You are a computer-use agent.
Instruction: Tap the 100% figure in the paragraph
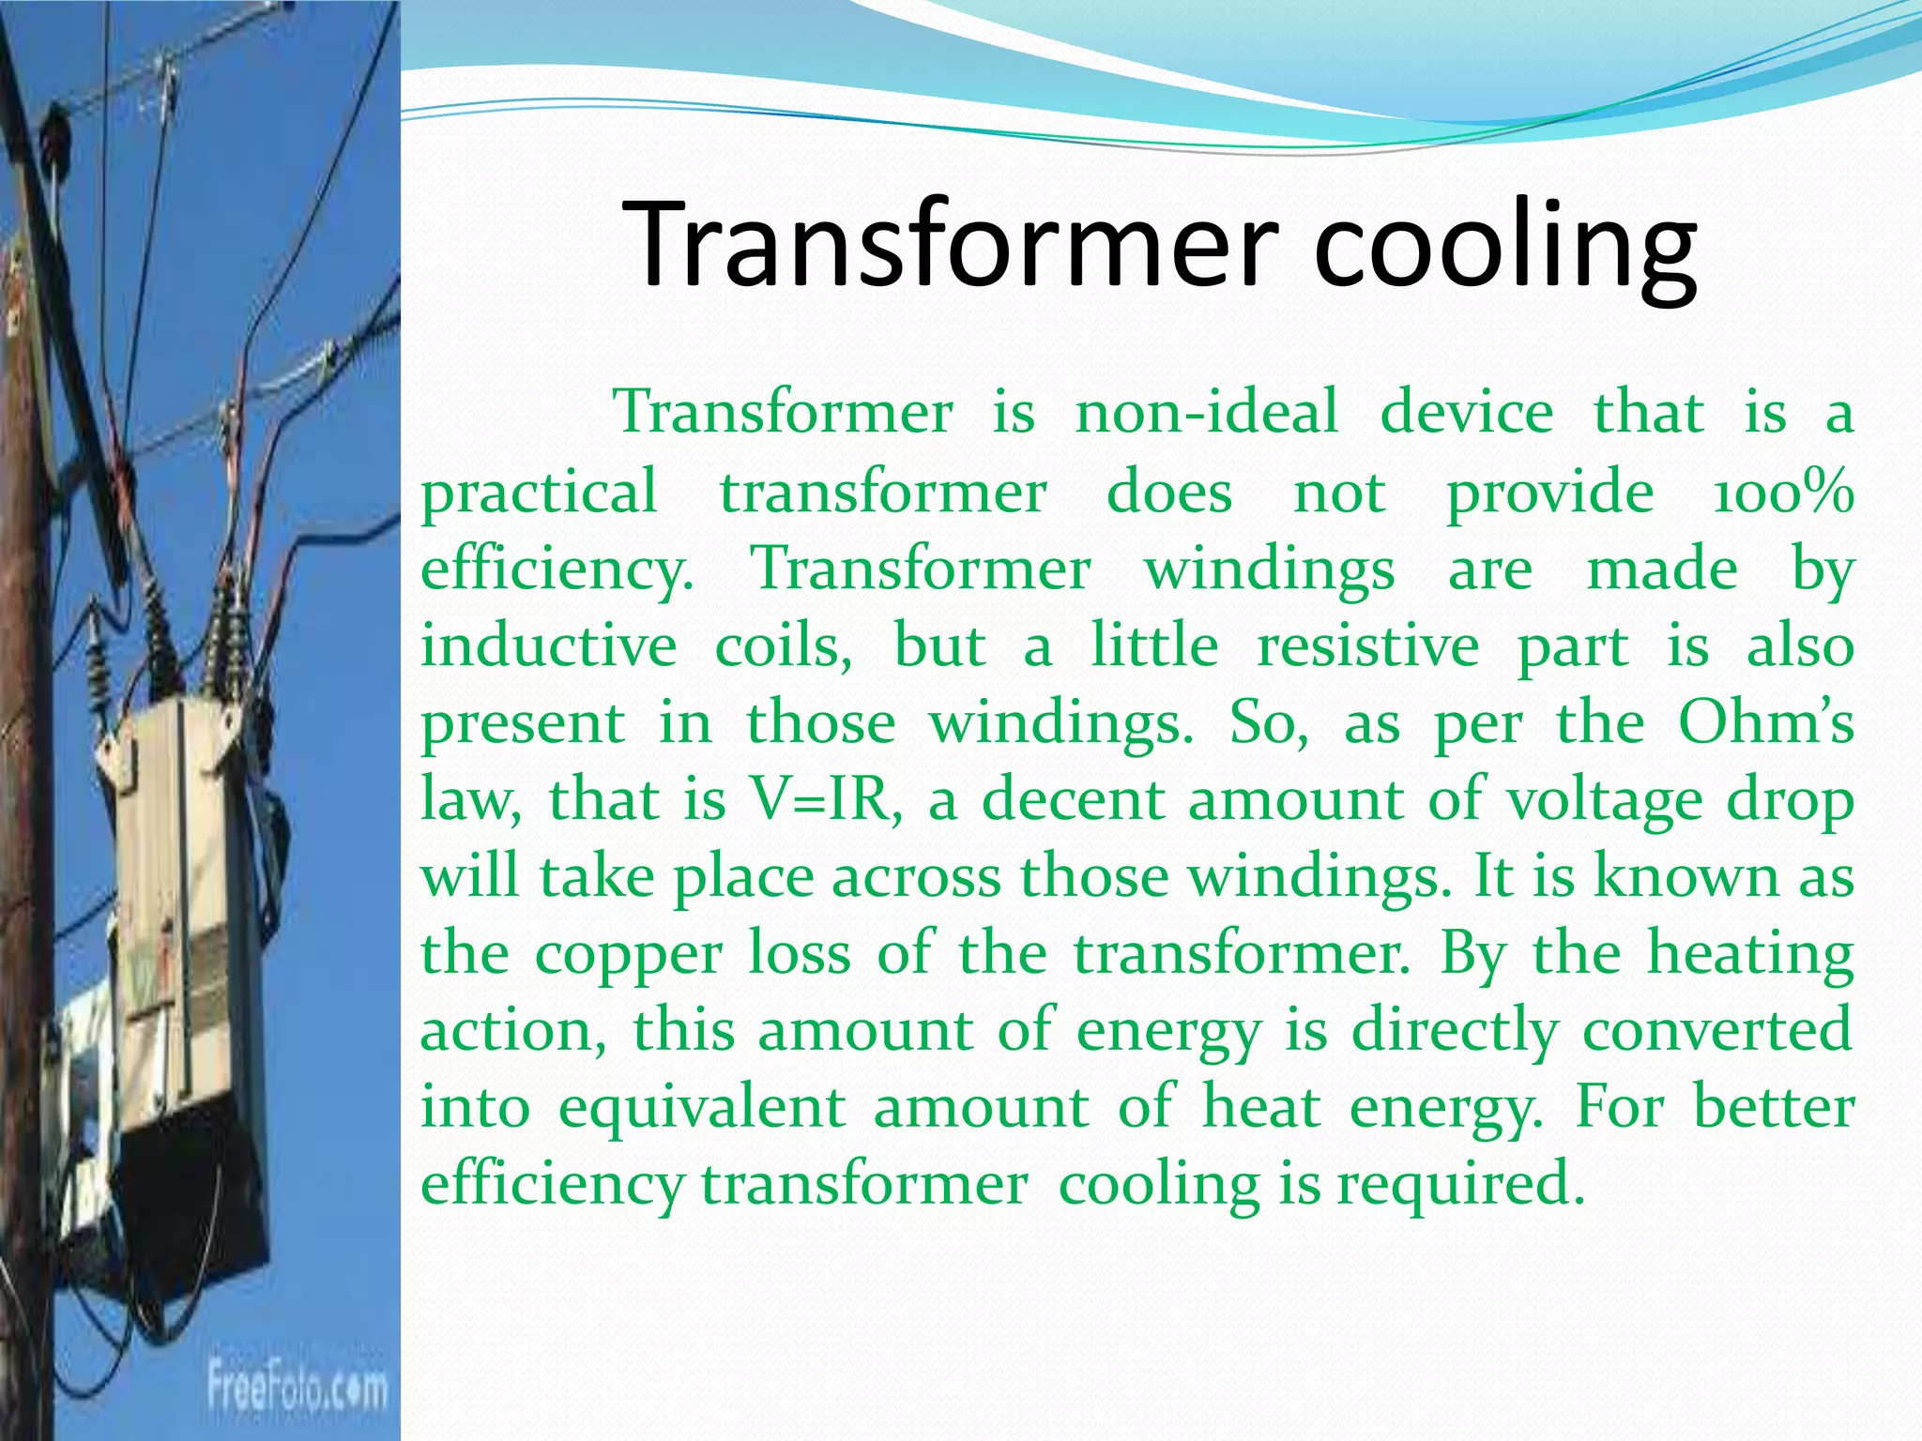click(x=1782, y=493)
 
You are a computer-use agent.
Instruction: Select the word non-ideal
click(x=1206, y=413)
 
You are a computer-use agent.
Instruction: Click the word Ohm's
click(x=1765, y=722)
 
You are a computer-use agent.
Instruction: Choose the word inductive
click(x=548, y=646)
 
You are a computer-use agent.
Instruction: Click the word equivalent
click(x=701, y=1107)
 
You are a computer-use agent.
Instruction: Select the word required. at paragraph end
click(x=1460, y=1185)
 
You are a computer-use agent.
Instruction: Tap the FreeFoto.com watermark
click(x=297, y=1387)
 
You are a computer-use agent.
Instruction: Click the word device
click(x=1466, y=413)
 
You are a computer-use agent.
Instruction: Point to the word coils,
click(x=784, y=646)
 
